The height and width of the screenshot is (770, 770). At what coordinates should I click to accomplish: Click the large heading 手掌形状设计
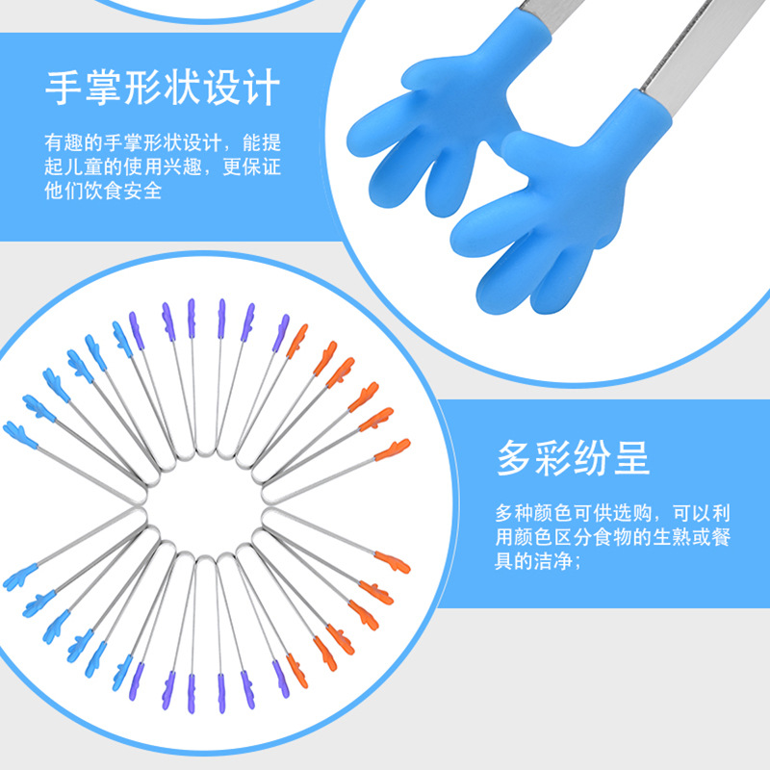pyautogui.click(x=163, y=87)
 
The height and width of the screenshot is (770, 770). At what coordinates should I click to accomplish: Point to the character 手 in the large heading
pyautogui.click(x=64, y=87)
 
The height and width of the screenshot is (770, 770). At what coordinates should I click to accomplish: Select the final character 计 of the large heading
pyautogui.click(x=260, y=87)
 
